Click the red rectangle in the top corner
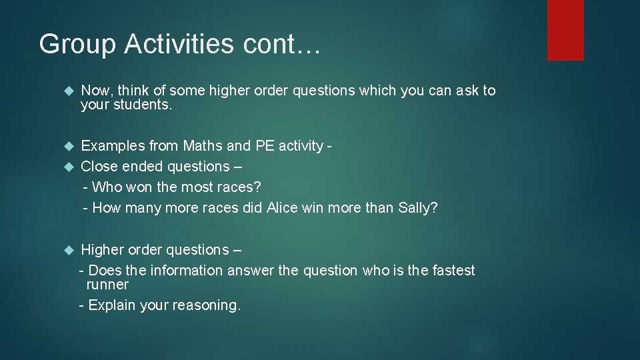pyautogui.click(x=565, y=30)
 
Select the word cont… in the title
pyautogui.click(x=283, y=45)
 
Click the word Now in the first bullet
pyautogui.click(x=94, y=91)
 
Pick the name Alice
pyautogui.click(x=283, y=208)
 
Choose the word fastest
pyautogui.click(x=450, y=271)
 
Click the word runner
pyautogui.click(x=107, y=285)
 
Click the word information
pyautogui.click(x=187, y=271)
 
